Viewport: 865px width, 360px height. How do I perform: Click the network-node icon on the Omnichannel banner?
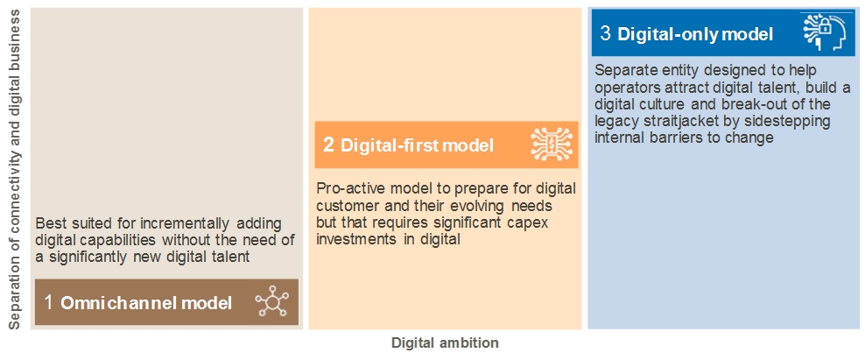pos(272,302)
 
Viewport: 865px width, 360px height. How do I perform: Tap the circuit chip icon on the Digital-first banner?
pos(552,145)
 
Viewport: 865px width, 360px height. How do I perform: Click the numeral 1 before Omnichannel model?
pos(49,302)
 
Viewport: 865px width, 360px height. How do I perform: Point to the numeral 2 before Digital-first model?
pos(328,145)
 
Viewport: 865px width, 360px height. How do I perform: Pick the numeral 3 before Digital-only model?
pos(605,33)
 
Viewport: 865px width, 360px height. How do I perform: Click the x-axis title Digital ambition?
pos(445,342)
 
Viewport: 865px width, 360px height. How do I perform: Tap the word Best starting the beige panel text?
pos(48,224)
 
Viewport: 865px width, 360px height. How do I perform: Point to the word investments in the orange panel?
pos(354,239)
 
